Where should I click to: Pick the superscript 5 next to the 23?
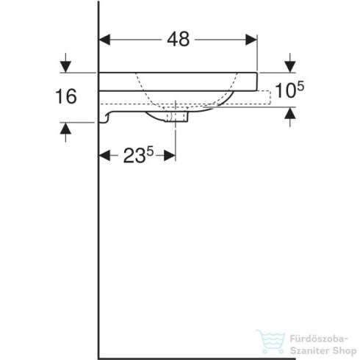pyautogui.click(x=150, y=151)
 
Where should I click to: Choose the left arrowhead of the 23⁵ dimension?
pyautogui.click(x=104, y=156)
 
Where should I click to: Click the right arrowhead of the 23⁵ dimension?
pyautogui.click(x=171, y=156)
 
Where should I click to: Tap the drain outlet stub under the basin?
pyautogui.click(x=179, y=116)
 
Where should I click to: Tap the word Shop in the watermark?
pyautogui.click(x=335, y=348)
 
